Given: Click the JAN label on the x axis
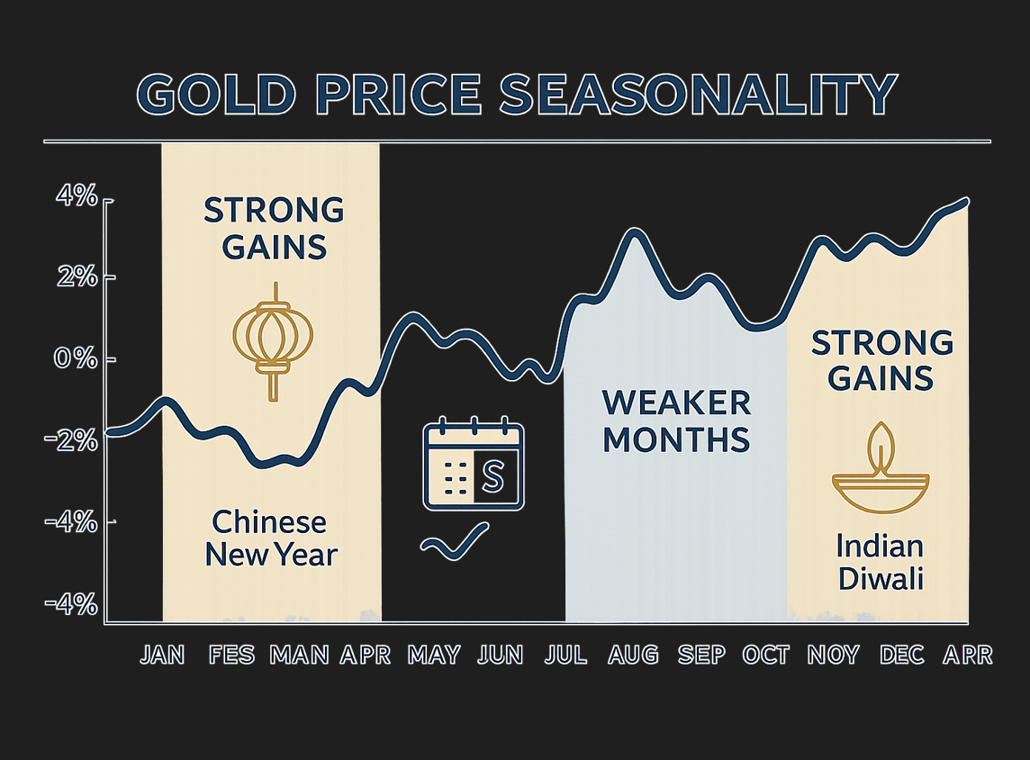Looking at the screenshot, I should click(163, 655).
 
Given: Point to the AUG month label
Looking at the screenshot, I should click(633, 655).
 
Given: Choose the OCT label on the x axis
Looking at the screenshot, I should click(765, 655).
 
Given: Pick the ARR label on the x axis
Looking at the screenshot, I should click(967, 655).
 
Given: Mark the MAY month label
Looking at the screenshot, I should click(434, 655).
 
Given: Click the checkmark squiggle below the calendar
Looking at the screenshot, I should click(456, 540).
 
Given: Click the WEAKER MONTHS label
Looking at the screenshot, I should click(676, 421).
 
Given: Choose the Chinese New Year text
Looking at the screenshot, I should click(270, 538).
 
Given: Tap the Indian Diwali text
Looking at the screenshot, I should click(880, 560).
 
